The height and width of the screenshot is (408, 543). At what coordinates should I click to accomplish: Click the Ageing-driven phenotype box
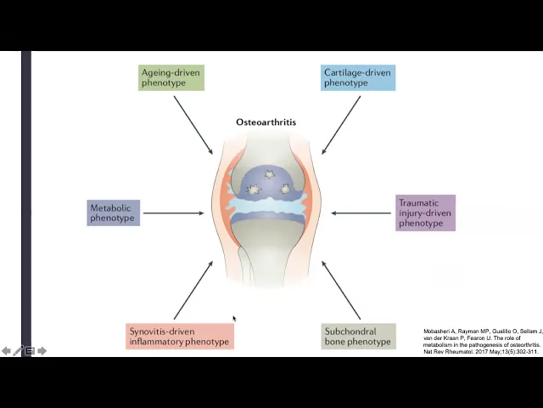point(171,77)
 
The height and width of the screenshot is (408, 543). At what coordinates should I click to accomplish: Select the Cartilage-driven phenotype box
point(358,77)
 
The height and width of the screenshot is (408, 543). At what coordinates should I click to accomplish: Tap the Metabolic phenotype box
point(113,212)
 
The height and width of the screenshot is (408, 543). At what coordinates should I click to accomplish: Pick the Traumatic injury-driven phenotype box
point(425,212)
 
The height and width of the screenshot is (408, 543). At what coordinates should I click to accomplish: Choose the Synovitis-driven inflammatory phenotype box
point(179,337)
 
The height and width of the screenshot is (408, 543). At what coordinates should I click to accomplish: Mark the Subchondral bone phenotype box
point(359,337)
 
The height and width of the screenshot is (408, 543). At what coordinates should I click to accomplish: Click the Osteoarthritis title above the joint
point(266,122)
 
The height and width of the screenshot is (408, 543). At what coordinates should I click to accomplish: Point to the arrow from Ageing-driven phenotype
point(193,125)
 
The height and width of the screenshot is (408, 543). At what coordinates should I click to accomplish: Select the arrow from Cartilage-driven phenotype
point(341,125)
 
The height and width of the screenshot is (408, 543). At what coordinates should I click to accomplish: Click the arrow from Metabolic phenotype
point(173,213)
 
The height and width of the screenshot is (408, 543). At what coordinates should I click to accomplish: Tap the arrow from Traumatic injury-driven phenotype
point(361,213)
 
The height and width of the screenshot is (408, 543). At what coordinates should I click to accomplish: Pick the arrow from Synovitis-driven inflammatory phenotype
point(193,291)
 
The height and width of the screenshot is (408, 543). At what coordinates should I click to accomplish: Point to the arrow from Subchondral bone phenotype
point(341,291)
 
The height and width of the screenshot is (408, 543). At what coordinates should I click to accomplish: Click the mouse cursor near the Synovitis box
point(234,319)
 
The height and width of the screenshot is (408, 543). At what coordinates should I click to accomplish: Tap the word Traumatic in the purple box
point(418,203)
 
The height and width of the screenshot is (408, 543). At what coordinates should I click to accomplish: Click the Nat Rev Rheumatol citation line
point(481,351)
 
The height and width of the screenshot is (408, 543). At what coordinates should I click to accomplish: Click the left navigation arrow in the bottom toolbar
point(7,350)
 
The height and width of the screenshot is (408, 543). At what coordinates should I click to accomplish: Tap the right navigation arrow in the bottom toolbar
point(42,350)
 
